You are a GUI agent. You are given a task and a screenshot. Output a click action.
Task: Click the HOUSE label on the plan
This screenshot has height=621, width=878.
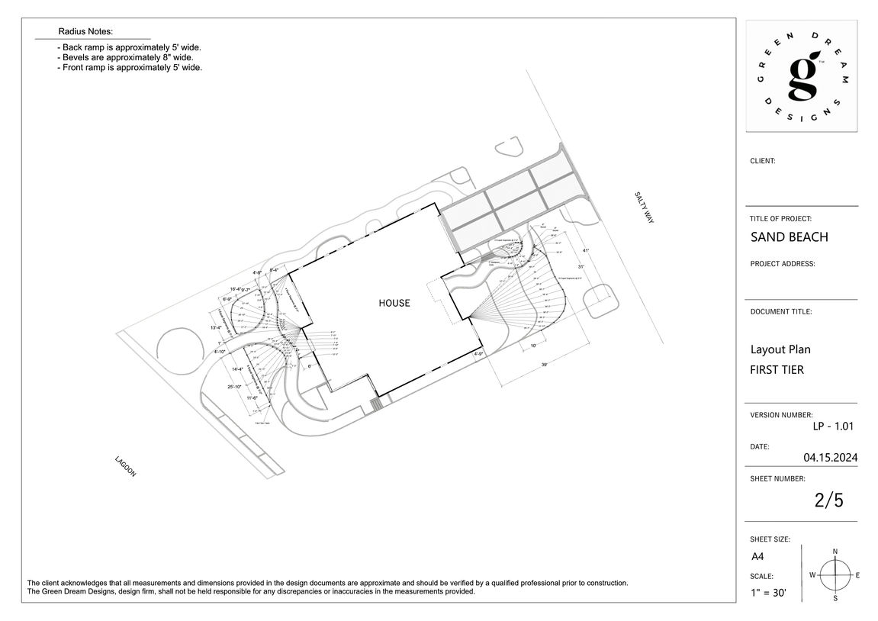(x=394, y=303)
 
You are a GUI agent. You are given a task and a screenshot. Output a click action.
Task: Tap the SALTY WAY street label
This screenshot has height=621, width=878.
(x=645, y=207)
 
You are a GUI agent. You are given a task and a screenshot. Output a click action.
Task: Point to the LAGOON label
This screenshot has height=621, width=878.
(x=125, y=466)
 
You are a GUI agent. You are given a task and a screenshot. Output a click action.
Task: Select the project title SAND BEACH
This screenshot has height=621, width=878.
(x=789, y=236)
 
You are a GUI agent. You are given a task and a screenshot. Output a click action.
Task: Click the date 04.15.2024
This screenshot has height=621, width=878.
(x=830, y=458)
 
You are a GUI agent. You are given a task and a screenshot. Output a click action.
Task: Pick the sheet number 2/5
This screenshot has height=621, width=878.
(x=828, y=500)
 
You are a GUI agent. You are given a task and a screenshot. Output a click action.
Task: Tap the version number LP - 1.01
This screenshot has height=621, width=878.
(x=835, y=426)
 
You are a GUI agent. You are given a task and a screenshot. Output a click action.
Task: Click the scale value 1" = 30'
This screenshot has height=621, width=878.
(x=771, y=591)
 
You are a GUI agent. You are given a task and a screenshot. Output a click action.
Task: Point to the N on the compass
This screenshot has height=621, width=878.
(x=835, y=551)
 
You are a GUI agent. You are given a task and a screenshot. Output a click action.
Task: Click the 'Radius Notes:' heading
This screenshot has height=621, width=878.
(x=85, y=31)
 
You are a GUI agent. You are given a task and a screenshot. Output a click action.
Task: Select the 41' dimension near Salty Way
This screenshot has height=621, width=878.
(x=586, y=250)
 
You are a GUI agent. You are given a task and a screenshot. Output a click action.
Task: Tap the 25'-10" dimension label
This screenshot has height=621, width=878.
(x=235, y=387)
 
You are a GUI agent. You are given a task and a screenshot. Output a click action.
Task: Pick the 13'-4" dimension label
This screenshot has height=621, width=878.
(x=216, y=328)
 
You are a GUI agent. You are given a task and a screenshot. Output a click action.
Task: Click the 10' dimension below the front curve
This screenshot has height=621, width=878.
(x=533, y=346)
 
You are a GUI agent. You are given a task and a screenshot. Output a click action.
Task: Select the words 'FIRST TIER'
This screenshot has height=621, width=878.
(x=777, y=370)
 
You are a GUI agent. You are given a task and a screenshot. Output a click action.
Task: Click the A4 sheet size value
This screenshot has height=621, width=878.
(x=757, y=557)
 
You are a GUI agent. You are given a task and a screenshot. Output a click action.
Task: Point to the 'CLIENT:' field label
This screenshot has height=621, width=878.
(x=763, y=161)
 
